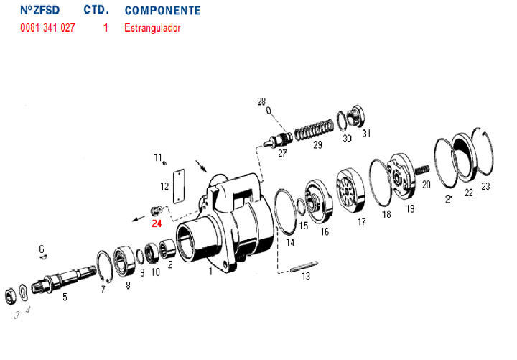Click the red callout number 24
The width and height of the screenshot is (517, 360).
[157, 223]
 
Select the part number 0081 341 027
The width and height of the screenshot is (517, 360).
[47, 29]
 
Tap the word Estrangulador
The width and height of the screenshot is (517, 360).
[152, 29]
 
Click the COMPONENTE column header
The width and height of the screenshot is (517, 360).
[162, 11]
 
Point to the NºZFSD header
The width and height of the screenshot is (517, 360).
[41, 11]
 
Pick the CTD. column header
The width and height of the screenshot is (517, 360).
[96, 11]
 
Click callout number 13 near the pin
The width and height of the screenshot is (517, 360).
[306, 276]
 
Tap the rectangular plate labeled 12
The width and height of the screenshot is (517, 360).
[180, 185]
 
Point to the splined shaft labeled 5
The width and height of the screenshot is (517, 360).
[68, 277]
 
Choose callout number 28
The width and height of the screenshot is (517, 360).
[261, 101]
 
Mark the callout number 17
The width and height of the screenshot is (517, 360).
[362, 222]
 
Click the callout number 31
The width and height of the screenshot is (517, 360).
[366, 134]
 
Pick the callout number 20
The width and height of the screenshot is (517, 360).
[426, 184]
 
